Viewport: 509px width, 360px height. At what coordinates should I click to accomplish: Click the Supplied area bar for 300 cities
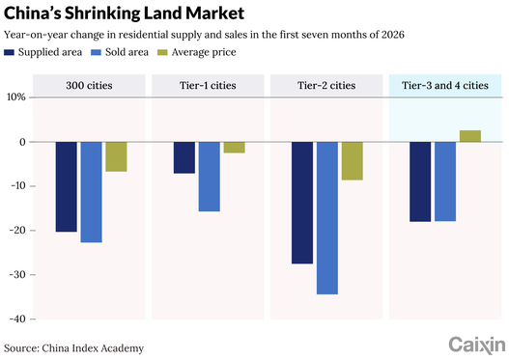(67, 187)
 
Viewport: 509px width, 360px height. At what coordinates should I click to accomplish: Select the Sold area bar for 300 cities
(91, 192)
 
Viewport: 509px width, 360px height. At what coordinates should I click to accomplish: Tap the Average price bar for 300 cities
(116, 156)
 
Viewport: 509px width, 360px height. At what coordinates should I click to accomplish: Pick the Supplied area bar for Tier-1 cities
(184, 157)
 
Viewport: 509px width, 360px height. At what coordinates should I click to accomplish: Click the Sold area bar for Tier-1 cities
(210, 177)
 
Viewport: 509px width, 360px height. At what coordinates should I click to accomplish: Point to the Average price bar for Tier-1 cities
(235, 148)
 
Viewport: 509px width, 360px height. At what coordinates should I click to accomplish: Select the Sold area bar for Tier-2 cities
(327, 218)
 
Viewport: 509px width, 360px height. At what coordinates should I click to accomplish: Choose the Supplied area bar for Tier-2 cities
(302, 203)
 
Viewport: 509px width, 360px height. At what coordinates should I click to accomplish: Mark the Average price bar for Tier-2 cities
(353, 161)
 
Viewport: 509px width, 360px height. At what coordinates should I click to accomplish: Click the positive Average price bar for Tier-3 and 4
(470, 136)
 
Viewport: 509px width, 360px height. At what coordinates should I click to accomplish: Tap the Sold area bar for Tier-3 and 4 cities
(445, 181)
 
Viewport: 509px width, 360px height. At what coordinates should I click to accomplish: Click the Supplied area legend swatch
(9, 52)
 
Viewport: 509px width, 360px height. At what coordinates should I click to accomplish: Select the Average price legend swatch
(162, 52)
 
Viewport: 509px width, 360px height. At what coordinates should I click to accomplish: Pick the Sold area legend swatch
(96, 52)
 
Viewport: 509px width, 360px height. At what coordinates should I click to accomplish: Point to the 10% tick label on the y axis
(15, 97)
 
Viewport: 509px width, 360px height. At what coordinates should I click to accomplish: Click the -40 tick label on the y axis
(18, 319)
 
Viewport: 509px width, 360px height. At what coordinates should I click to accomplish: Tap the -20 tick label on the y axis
(18, 231)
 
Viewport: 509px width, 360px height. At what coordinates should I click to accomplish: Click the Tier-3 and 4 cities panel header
(445, 85)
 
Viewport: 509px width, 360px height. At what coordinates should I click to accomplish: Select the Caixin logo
(477, 346)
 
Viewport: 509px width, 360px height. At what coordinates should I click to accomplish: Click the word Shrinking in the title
(102, 14)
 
